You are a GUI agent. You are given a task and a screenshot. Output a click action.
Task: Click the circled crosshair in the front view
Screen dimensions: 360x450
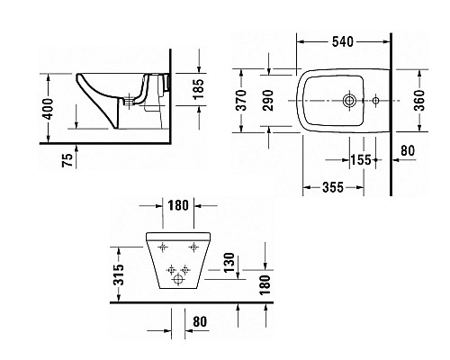coord(176,279)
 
